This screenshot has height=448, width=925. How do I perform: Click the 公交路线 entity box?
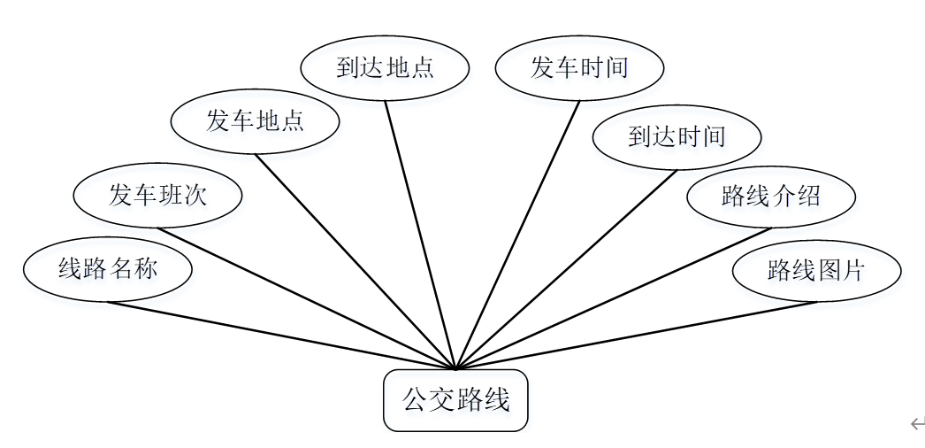click(x=455, y=400)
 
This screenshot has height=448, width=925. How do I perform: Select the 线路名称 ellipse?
click(x=107, y=269)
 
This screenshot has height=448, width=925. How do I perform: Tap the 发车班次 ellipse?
click(x=157, y=195)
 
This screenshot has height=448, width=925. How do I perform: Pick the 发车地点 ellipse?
click(x=255, y=121)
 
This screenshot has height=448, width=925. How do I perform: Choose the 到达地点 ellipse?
click(x=385, y=68)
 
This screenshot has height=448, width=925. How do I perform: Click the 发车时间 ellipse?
click(x=579, y=68)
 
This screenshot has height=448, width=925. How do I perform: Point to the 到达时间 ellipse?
click(x=677, y=136)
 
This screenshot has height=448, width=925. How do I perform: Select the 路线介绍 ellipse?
click(x=771, y=196)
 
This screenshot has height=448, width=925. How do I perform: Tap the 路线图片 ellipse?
click(x=816, y=270)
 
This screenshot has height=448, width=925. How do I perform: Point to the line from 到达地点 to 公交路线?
click(x=420, y=235)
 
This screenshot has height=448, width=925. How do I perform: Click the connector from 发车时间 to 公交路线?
click(x=517, y=235)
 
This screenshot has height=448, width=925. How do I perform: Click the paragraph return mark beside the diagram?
click(x=916, y=424)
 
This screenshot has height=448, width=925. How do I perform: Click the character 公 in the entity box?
click(x=415, y=400)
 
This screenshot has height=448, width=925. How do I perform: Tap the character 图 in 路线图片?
click(x=829, y=270)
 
